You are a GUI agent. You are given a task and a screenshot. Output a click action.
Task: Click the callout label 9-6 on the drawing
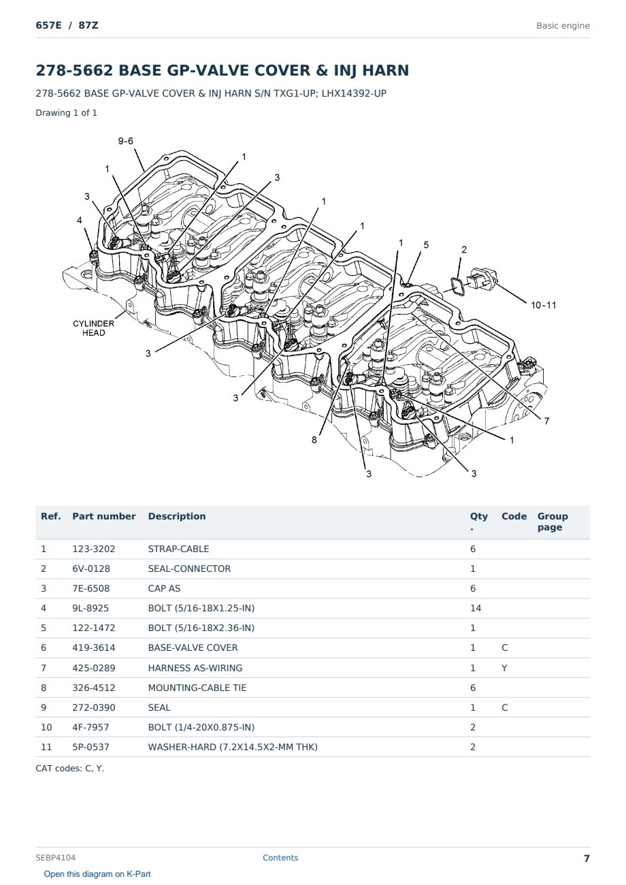pos(126,141)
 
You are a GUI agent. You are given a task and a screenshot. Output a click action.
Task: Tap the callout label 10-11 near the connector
pos(543,305)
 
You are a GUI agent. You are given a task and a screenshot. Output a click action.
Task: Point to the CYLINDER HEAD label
pos(94,328)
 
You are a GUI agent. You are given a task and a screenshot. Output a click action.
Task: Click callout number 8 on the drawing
pos(314,440)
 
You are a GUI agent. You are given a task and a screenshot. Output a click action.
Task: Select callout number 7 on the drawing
pos(546,421)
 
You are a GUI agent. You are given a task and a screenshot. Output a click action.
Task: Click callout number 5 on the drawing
pos(426,244)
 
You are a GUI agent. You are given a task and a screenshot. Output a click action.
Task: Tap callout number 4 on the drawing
pos(80,220)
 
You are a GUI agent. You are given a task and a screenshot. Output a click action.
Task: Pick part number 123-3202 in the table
pos(94,549)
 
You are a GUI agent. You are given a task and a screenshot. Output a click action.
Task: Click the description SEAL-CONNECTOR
pos(189,568)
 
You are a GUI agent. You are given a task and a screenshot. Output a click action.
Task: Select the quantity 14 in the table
pos(476,608)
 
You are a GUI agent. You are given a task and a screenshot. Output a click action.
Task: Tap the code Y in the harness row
pos(504,668)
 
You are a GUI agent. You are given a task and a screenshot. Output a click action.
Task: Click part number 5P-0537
pos(90,747)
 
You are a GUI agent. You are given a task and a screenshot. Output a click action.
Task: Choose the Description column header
pos(176,516)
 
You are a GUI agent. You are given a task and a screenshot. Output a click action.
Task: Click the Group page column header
pos(553,521)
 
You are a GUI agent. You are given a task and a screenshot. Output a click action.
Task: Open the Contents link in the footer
pos(280,857)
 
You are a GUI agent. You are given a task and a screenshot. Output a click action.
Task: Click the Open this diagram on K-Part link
pos(97,873)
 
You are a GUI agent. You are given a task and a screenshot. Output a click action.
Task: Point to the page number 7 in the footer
pos(587,858)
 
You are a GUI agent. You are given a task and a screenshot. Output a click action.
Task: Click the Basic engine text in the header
pos(563,26)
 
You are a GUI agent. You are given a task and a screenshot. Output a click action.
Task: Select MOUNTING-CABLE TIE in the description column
pos(197,688)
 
